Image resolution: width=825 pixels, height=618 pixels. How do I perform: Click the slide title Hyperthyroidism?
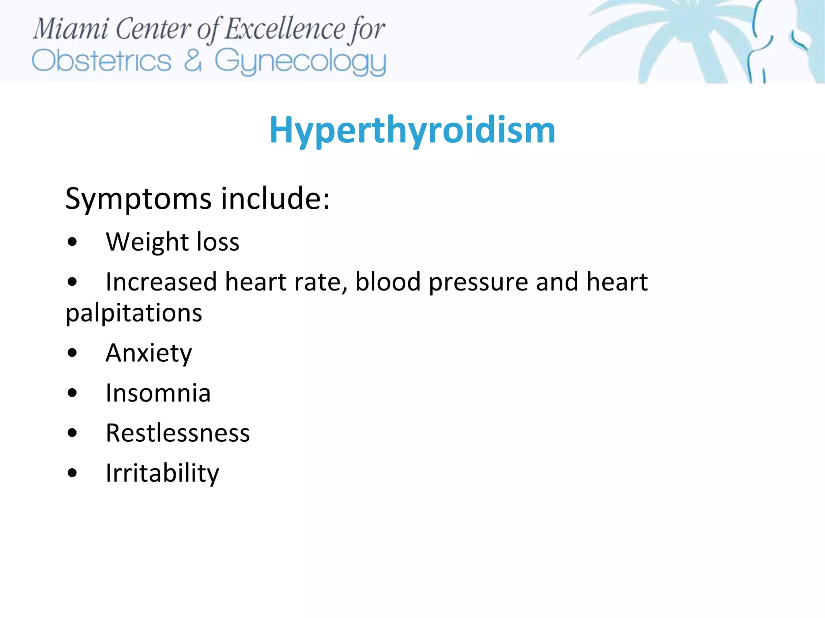click(x=412, y=130)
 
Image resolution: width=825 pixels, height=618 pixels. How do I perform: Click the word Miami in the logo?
click(x=70, y=29)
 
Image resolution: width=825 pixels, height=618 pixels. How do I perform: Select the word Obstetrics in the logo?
click(x=102, y=61)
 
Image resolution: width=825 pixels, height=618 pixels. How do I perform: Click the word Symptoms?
click(x=138, y=199)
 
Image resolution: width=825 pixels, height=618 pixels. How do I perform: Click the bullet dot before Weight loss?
click(x=73, y=243)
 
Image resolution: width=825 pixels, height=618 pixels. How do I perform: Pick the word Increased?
click(x=161, y=282)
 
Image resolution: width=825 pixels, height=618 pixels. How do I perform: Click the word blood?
click(x=388, y=282)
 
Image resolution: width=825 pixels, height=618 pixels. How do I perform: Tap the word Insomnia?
click(x=158, y=393)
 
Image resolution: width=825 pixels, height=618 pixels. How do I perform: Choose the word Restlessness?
click(x=178, y=433)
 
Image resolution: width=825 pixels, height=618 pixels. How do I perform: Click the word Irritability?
click(x=162, y=474)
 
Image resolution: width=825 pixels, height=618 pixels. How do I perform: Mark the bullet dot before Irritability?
click(x=73, y=474)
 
